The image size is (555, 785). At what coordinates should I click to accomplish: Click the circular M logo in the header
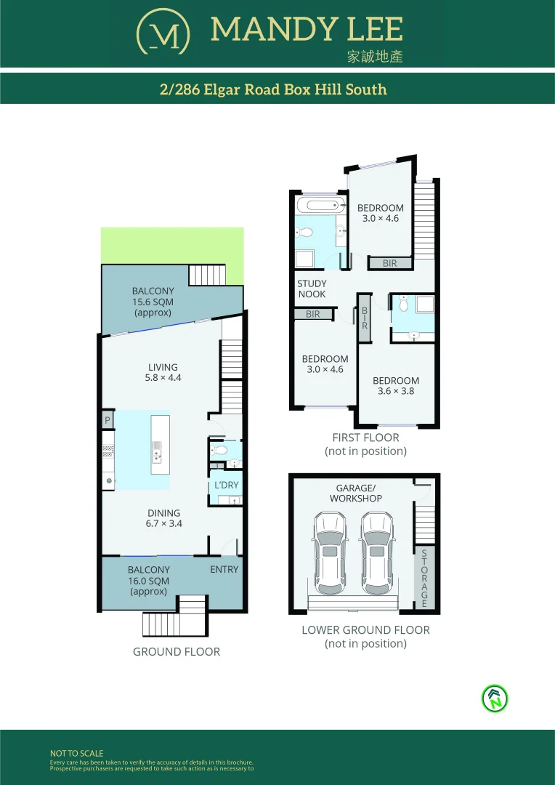click(163, 32)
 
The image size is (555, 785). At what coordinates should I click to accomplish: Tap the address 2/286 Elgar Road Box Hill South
click(273, 89)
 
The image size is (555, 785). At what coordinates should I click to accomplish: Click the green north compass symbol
click(495, 699)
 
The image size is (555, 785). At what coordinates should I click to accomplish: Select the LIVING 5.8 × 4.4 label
click(163, 372)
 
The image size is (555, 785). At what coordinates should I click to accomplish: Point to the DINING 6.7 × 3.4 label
click(163, 518)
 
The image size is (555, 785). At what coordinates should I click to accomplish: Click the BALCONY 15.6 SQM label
click(153, 302)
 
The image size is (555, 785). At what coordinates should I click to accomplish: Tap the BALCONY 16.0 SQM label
click(148, 581)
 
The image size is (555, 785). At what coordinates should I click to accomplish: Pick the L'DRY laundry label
click(225, 485)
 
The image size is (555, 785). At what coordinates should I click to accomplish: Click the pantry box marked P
click(108, 420)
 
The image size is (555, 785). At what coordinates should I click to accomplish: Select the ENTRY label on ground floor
click(224, 569)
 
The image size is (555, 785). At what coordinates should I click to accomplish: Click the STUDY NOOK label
click(312, 289)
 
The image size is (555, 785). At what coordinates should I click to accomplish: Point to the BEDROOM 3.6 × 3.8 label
click(396, 386)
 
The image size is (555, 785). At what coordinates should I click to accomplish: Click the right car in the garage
click(376, 553)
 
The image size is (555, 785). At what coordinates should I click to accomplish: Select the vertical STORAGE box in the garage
click(424, 578)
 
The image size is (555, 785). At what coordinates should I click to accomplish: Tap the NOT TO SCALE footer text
click(76, 754)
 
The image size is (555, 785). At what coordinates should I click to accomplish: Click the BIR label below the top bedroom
click(390, 263)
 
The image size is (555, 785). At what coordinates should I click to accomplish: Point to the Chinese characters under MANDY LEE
click(374, 57)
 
